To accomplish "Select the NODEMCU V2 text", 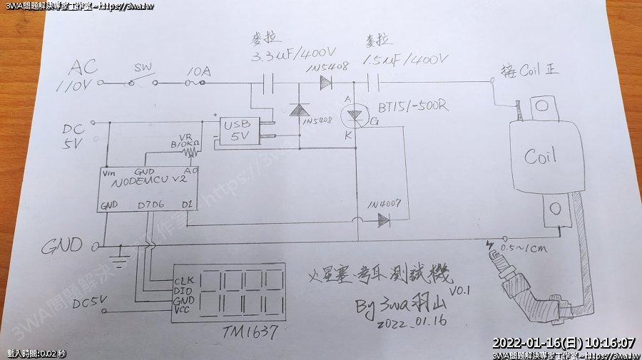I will [x=149, y=183].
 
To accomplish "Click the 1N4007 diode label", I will [x=385, y=205].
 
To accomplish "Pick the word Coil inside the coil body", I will [x=540, y=157].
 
